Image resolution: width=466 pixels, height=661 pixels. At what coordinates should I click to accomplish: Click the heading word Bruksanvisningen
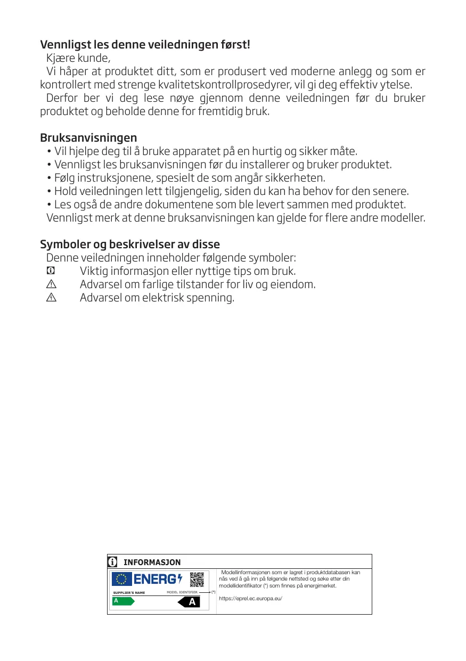88,138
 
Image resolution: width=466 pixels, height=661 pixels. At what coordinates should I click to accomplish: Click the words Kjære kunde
78,58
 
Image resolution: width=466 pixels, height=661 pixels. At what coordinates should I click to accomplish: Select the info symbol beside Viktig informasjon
51,271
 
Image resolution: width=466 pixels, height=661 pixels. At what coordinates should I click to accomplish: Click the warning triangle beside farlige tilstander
51,284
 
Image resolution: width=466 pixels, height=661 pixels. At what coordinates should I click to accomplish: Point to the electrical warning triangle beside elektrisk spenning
51,298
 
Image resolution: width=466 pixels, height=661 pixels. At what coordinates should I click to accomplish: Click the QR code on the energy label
197,579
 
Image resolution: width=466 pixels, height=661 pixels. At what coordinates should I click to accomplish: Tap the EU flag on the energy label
121,579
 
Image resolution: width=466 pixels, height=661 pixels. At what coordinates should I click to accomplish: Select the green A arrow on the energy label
122,601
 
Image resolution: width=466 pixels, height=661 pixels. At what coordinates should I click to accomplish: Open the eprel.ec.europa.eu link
250,599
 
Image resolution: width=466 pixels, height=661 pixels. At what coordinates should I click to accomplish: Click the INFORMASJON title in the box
152,562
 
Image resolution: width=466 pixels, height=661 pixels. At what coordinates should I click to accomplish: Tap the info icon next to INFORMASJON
112,562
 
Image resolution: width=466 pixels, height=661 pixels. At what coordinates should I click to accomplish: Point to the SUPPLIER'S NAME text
129,593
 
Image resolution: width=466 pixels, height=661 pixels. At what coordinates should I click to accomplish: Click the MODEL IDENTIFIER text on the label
182,592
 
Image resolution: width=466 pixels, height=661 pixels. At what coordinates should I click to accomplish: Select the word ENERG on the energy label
154,579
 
